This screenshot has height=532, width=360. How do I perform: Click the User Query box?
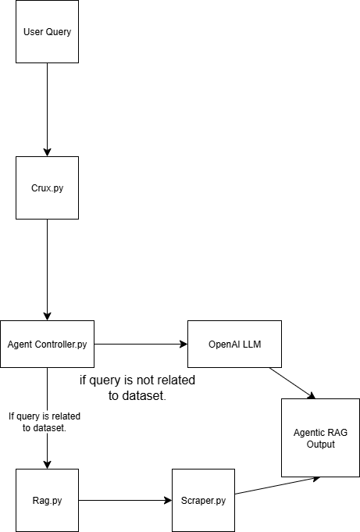pyautogui.click(x=47, y=31)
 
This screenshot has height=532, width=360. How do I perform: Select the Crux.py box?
pyautogui.click(x=47, y=187)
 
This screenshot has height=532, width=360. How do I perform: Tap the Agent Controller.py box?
pyautogui.click(x=47, y=344)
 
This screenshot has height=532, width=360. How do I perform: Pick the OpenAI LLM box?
pyautogui.click(x=234, y=344)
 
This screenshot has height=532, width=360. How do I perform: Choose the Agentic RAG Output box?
pyautogui.click(x=321, y=437)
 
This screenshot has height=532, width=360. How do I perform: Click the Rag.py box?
pyautogui.click(x=47, y=501)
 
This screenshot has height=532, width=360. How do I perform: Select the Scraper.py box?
pyautogui.click(x=203, y=501)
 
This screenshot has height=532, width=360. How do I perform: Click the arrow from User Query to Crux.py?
pyautogui.click(x=47, y=109)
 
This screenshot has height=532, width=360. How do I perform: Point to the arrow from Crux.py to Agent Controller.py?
pyautogui.click(x=47, y=270)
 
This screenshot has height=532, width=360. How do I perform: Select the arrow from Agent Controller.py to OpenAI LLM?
pyautogui.click(x=141, y=344)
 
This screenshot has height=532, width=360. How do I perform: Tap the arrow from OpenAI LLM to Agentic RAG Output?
pyautogui.click(x=293, y=383)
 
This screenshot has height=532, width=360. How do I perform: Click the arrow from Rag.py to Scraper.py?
pyautogui.click(x=125, y=500)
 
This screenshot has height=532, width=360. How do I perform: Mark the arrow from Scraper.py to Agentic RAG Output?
pyautogui.click(x=277, y=485)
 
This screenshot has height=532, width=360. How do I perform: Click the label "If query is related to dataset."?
pyautogui.click(x=45, y=422)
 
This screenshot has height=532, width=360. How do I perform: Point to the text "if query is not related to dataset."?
pyautogui.click(x=137, y=387)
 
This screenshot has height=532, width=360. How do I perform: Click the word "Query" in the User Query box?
pyautogui.click(x=59, y=32)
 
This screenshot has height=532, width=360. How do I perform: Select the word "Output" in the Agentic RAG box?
pyautogui.click(x=321, y=445)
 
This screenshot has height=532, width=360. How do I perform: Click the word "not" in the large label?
pyautogui.click(x=144, y=380)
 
